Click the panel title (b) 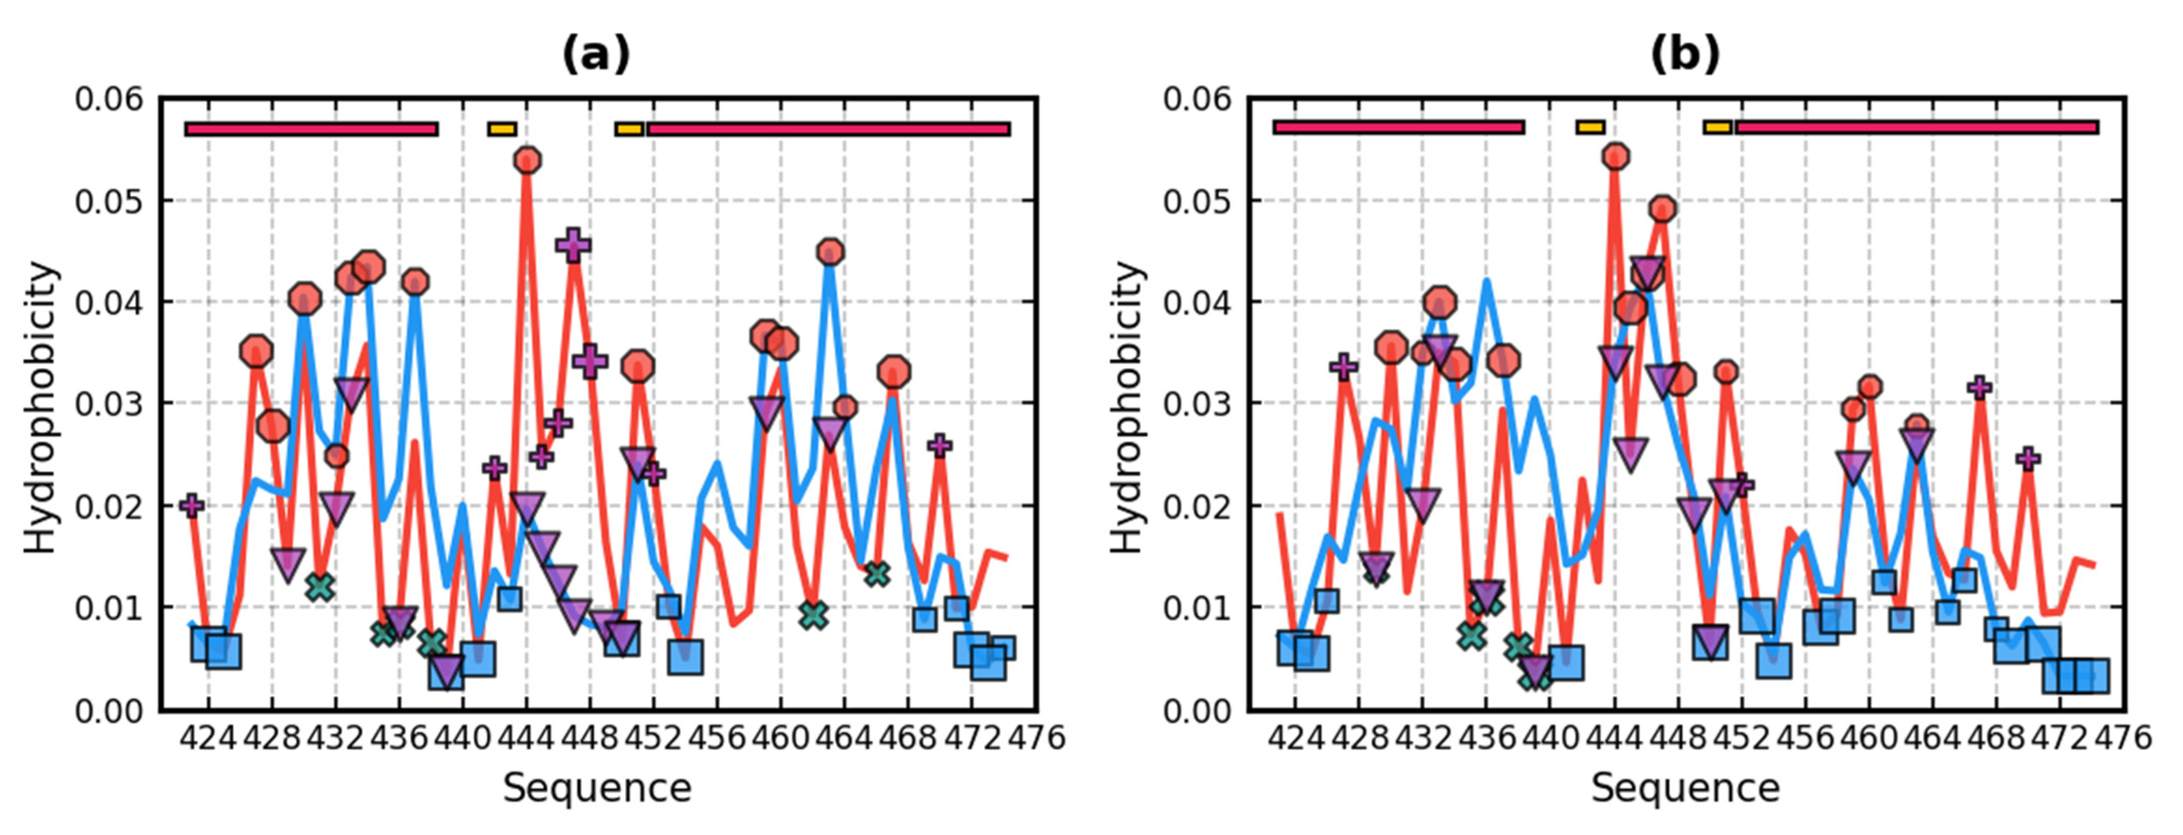pos(1684,57)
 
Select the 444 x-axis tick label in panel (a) pos(525,738)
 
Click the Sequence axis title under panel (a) pos(597,788)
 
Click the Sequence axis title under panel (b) pos(1684,788)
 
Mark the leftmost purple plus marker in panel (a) pos(192,505)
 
